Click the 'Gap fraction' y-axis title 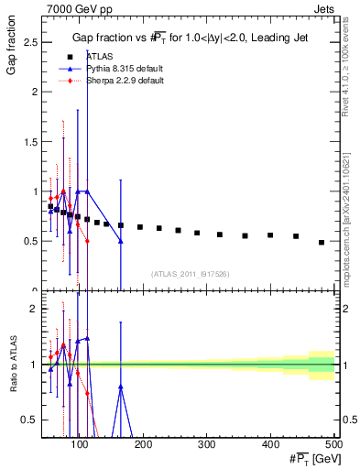coord(13,51)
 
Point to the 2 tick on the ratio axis coord(36,309)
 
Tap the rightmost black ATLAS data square coord(322,242)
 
